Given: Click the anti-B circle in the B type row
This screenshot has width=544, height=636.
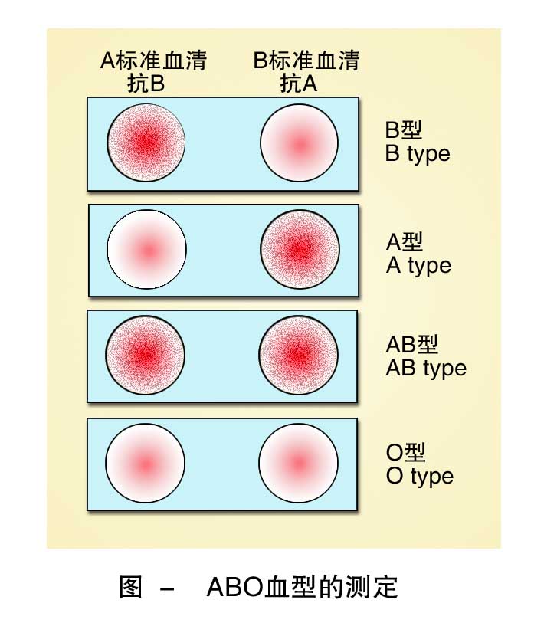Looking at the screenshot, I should tap(146, 143).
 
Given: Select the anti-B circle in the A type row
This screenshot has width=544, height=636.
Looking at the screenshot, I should tap(146, 250).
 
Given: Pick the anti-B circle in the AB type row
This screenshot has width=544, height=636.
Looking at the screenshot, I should tap(146, 356).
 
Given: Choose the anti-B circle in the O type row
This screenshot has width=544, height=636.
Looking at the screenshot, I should tap(146, 464).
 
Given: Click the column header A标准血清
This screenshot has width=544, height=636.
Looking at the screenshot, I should tap(153, 61).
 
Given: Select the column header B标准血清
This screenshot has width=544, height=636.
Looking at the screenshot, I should tap(306, 61).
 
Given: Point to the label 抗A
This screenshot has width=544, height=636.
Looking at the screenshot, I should tap(299, 84).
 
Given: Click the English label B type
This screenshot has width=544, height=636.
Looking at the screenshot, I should tap(418, 153).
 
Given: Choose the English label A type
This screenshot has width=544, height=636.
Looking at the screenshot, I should tap(418, 266).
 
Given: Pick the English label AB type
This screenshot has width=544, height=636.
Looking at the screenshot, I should tap(426, 368).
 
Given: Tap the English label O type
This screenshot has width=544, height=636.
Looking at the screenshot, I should tap(420, 476).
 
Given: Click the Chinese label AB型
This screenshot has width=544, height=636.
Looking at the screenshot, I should tap(412, 345).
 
